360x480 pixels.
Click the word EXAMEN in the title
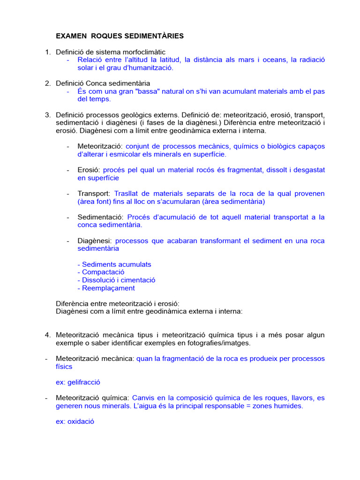click(x=71, y=36)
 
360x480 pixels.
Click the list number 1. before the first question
click(x=48, y=52)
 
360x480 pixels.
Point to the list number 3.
click(x=48, y=115)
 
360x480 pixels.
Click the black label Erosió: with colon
click(x=89, y=170)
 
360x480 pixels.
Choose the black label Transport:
click(x=94, y=194)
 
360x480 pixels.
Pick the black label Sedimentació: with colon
click(x=101, y=217)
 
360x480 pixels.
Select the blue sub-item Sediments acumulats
click(x=114, y=264)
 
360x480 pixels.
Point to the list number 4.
click(x=48, y=335)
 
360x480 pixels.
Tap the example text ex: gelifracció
click(x=78, y=382)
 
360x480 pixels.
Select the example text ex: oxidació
click(x=75, y=421)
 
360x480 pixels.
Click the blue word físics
click(x=64, y=367)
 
